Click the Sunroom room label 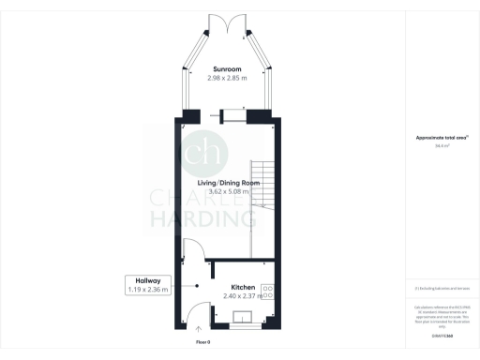228,69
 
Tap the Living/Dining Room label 228,183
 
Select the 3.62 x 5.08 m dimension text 228,192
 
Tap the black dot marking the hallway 198,286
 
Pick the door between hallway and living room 193,248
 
